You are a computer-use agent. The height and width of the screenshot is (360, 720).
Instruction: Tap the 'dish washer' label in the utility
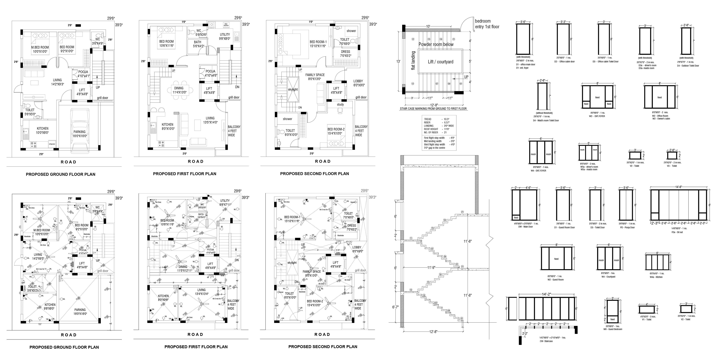point(226,25)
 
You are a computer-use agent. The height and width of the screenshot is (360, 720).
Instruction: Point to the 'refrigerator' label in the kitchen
point(52,144)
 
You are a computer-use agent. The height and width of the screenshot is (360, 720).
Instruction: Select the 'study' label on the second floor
point(340,105)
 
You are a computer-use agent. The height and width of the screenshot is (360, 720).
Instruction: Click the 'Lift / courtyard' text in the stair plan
point(440,62)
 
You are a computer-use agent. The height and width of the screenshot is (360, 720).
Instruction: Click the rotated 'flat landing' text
point(413,60)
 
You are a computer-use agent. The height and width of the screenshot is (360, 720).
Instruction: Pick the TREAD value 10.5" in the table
point(446,119)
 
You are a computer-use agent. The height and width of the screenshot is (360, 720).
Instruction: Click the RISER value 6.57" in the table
point(446,122)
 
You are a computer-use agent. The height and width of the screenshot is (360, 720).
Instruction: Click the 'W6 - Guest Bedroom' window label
point(613,329)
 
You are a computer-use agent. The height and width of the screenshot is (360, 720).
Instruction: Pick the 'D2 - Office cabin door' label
point(564,61)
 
